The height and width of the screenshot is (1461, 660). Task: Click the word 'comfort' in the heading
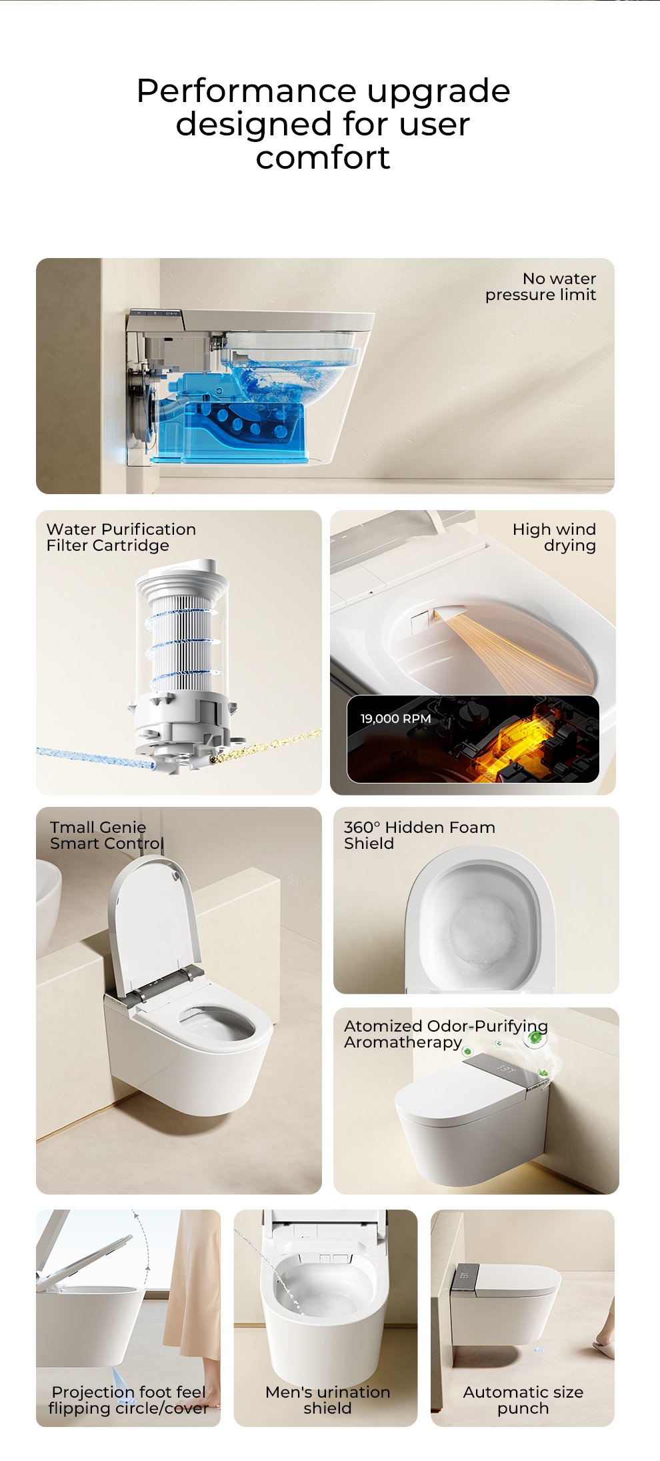click(x=323, y=157)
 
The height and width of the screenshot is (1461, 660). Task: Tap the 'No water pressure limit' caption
click(x=541, y=287)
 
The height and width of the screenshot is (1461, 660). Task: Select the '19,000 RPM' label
click(x=395, y=719)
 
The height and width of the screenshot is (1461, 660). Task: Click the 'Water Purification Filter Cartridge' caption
click(x=121, y=537)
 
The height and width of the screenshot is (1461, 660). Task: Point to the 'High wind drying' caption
click(x=554, y=537)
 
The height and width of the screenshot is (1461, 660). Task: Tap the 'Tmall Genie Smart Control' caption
click(x=107, y=836)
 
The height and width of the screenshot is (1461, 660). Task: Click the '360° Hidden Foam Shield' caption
click(x=419, y=836)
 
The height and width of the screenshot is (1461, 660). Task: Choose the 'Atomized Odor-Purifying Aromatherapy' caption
click(x=446, y=1034)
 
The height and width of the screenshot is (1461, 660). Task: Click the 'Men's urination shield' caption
click(x=327, y=1400)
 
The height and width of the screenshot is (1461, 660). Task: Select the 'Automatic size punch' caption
click(x=523, y=1400)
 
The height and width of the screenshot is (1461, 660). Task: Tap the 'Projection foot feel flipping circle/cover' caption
click(x=128, y=1400)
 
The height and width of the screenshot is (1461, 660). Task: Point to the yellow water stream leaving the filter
click(x=265, y=747)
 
